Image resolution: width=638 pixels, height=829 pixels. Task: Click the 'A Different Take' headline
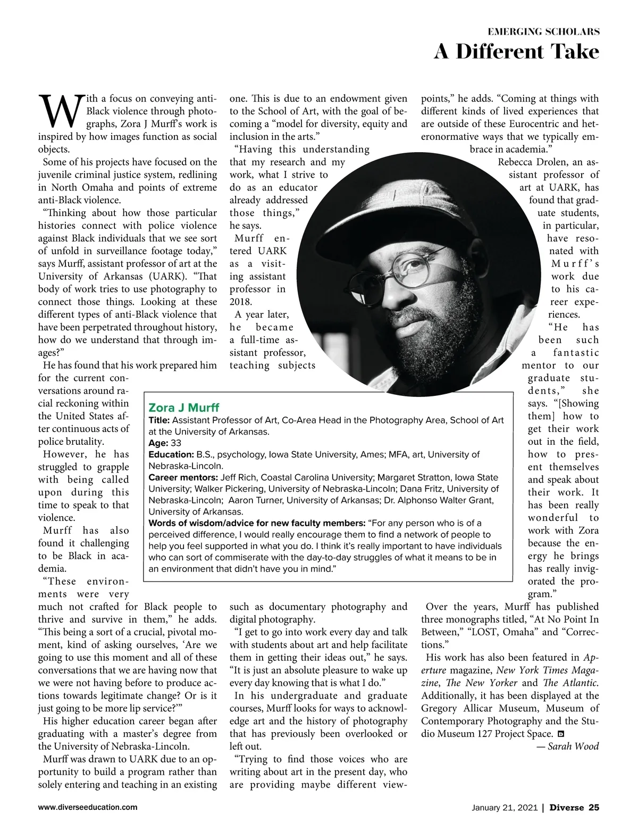[516, 52]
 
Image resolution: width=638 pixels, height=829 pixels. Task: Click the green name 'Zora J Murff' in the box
[177, 408]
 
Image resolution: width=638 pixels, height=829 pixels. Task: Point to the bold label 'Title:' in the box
[159, 420]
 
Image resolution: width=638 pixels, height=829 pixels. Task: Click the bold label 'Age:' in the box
[158, 443]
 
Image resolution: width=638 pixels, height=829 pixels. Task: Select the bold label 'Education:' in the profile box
[171, 455]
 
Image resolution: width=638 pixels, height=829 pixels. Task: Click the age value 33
[176, 443]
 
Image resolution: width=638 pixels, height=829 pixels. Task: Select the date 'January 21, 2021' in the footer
[505, 808]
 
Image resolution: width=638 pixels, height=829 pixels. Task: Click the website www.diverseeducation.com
[88, 807]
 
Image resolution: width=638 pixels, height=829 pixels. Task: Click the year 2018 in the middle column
[240, 302]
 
